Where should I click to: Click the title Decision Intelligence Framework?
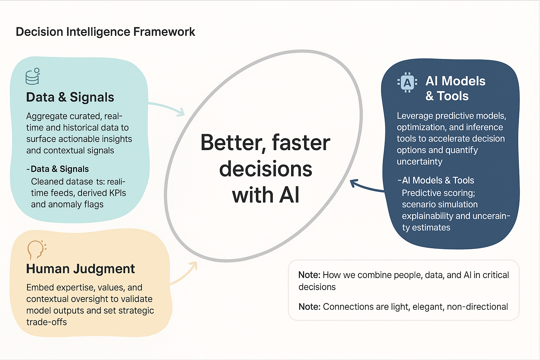pyautogui.click(x=105, y=32)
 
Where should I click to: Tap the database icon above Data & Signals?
pyautogui.click(x=33, y=77)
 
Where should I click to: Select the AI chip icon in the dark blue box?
pyautogui.click(x=407, y=83)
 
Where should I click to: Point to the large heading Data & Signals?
pyautogui.click(x=70, y=97)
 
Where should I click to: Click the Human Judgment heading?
pyautogui.click(x=80, y=269)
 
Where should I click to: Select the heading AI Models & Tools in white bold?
pyautogui.click(x=455, y=88)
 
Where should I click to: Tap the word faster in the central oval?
pyautogui.click(x=301, y=143)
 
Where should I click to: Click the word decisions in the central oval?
pyautogui.click(x=265, y=169)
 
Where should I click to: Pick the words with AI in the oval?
pyautogui.click(x=265, y=195)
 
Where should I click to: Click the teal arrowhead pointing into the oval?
pyautogui.click(x=181, y=112)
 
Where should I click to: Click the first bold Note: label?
pyautogui.click(x=309, y=275)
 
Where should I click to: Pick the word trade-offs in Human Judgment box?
pyautogui.click(x=46, y=322)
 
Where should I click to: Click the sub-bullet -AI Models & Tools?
pyautogui.click(x=436, y=180)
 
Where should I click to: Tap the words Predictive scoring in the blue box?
pyautogui.click(x=438, y=193)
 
